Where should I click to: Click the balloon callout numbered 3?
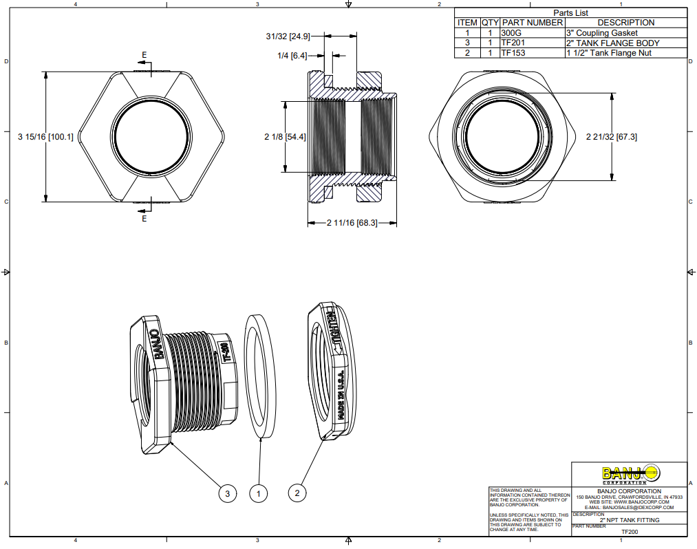click(228, 493)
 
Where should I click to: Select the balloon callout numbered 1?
click(259, 493)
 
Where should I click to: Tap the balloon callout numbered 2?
click(297, 493)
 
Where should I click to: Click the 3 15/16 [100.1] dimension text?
click(45, 137)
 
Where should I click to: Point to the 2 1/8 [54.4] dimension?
click(285, 137)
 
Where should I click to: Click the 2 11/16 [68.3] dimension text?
click(352, 223)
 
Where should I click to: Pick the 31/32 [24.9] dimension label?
click(289, 36)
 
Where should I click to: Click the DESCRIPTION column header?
click(625, 23)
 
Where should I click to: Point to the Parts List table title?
click(571, 12)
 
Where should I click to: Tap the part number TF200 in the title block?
click(630, 532)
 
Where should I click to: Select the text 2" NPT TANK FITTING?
click(630, 520)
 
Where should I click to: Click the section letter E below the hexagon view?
click(144, 219)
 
